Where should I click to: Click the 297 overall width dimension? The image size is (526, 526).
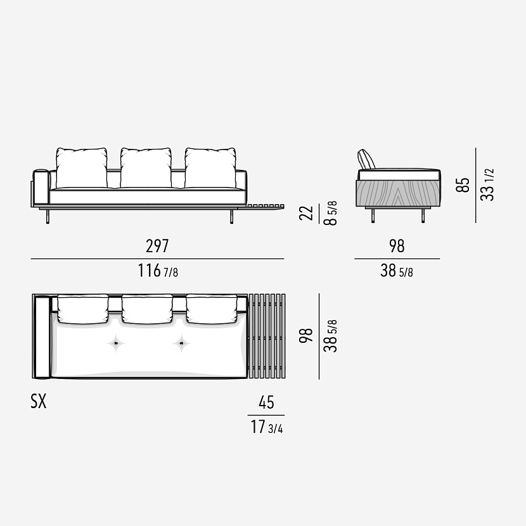click(157, 246)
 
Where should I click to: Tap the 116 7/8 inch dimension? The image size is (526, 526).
click(158, 271)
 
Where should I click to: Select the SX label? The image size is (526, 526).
click(39, 401)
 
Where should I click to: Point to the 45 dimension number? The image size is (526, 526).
click(266, 402)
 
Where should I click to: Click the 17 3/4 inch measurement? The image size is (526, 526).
click(267, 427)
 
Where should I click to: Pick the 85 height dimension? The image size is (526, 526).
click(463, 185)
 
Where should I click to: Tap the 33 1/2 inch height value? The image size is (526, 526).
click(487, 185)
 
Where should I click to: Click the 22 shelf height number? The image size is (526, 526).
click(306, 213)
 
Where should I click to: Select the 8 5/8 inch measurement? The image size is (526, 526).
click(330, 213)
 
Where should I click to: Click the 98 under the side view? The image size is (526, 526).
click(397, 246)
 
